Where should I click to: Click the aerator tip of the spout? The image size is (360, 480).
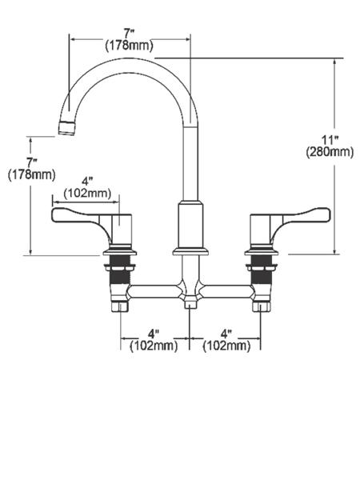click(x=66, y=128)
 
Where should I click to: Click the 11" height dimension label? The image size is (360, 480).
click(x=330, y=141)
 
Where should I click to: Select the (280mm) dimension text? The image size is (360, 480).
click(x=330, y=152)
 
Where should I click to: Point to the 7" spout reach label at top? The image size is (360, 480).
click(x=129, y=33)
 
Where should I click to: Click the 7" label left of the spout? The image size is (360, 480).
click(x=32, y=162)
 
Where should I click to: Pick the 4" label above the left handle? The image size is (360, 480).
click(x=87, y=182)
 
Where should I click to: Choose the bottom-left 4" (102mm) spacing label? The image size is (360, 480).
click(x=154, y=340)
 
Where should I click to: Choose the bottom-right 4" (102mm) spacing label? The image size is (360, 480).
click(x=226, y=340)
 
